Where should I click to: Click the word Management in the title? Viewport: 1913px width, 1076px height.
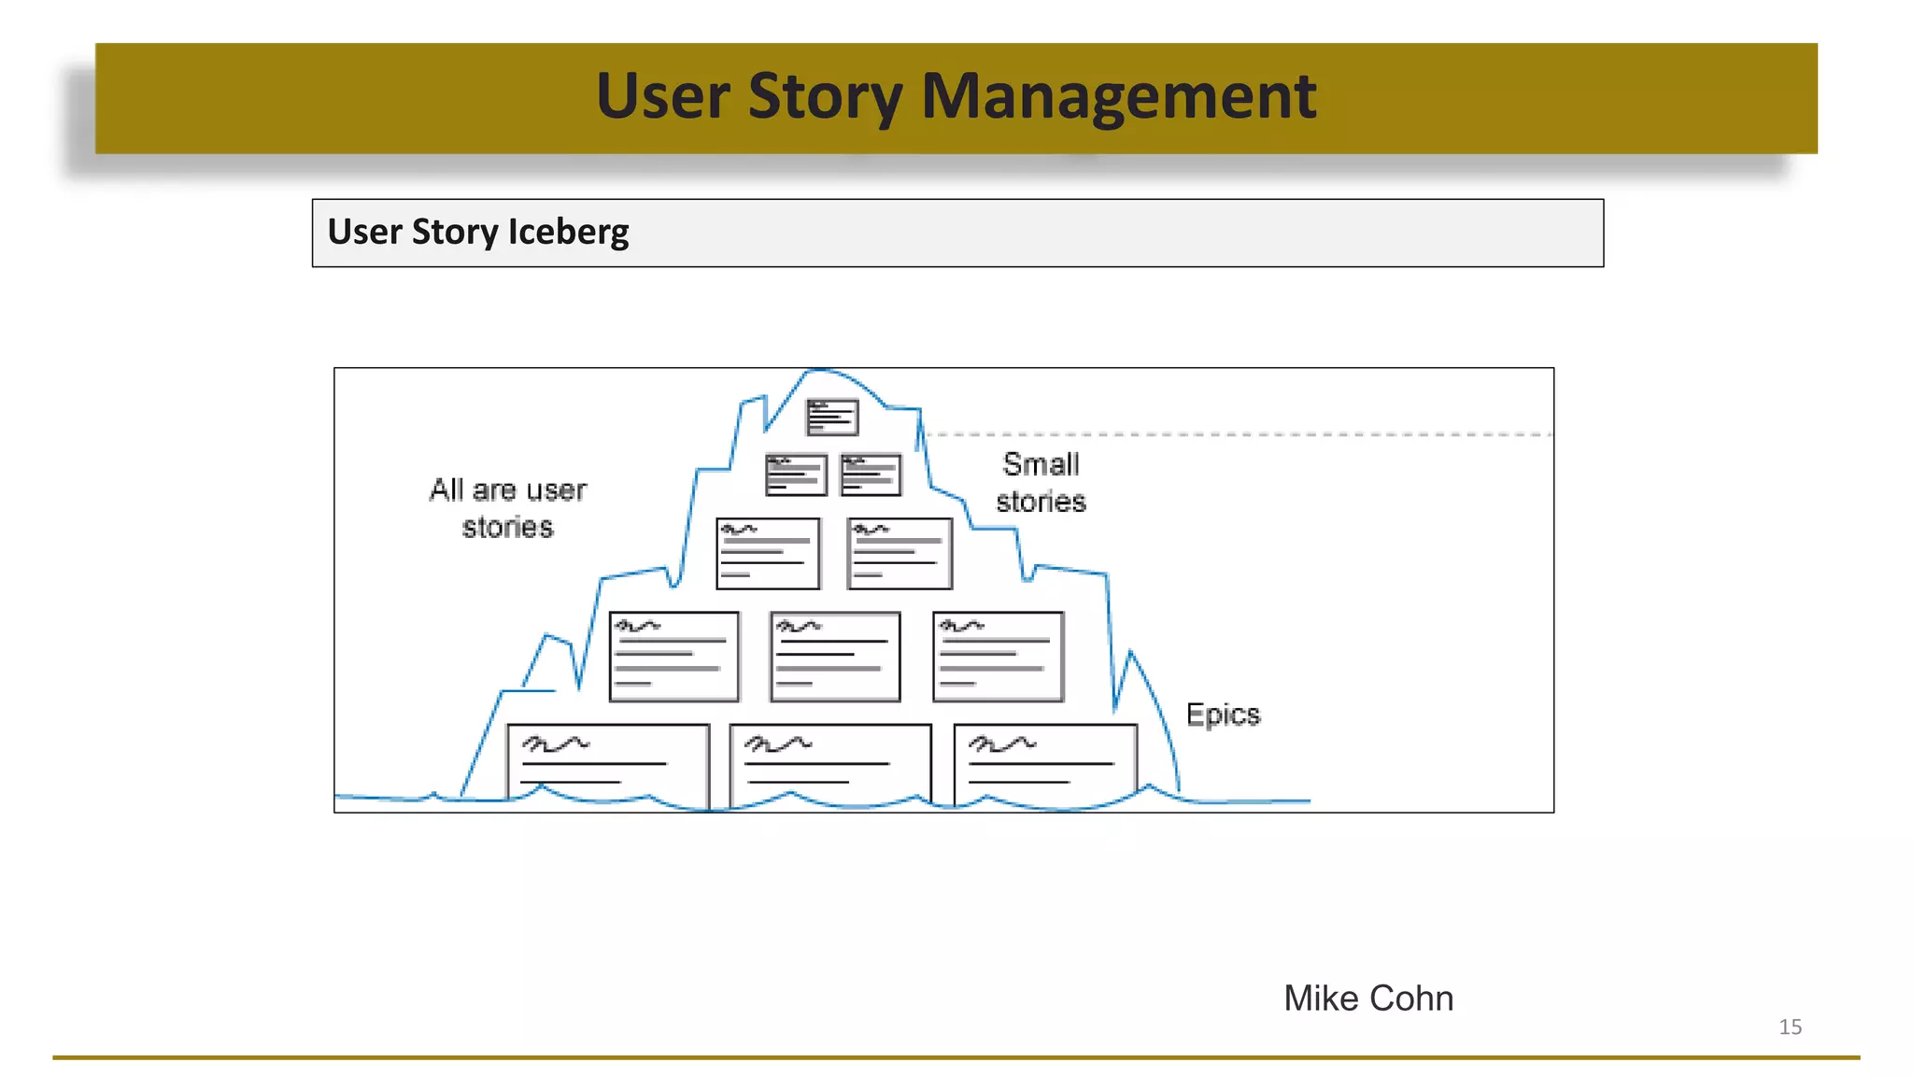pos(1118,96)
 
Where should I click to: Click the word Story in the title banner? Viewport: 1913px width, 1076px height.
pos(825,96)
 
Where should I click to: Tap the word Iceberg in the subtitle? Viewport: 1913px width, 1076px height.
pos(568,232)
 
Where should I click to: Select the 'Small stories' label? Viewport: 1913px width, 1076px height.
pos(1041,483)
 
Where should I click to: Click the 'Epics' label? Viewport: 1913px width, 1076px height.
pos(1223,715)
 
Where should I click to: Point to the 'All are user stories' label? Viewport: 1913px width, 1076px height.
pos(507,508)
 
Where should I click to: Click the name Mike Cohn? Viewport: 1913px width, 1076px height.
pos(1367,998)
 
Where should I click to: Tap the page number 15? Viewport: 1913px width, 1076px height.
pos(1790,1026)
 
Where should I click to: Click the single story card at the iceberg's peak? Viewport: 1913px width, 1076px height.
pos(832,418)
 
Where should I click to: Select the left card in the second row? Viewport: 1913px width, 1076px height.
pos(796,474)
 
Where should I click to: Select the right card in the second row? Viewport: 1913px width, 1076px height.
pos(871,474)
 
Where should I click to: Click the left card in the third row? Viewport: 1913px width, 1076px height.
pos(768,553)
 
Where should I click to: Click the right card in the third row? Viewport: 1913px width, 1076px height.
pos(900,553)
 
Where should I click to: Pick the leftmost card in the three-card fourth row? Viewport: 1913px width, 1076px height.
pos(673,657)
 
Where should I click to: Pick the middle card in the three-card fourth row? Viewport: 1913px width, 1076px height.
pos(835,657)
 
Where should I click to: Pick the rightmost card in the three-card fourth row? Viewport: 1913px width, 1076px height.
pos(998,657)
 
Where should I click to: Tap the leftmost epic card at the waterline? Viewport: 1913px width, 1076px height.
pos(607,761)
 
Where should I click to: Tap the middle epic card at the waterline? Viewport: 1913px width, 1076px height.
pos(829,761)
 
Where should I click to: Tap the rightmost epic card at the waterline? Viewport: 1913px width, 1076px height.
pos(1045,761)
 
